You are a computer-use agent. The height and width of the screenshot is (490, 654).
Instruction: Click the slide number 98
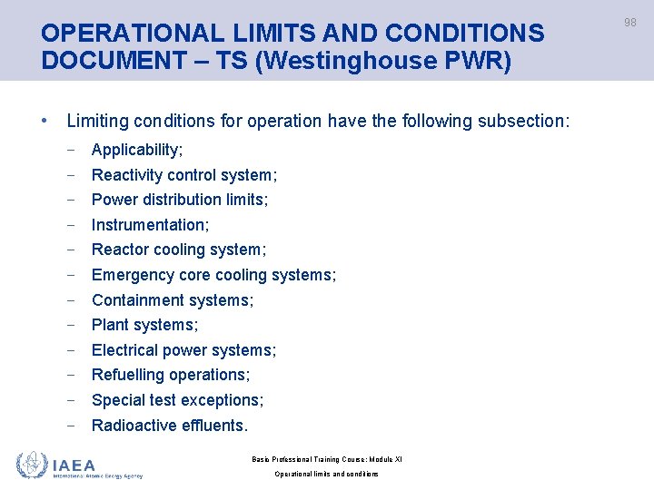pos(630,23)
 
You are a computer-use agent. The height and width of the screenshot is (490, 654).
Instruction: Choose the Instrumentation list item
pos(150,225)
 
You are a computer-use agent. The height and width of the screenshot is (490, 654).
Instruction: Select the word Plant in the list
pos(109,325)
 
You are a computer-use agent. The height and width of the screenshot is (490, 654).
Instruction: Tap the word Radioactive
pos(133,426)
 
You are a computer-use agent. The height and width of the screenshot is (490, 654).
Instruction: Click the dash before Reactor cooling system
pos(72,250)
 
